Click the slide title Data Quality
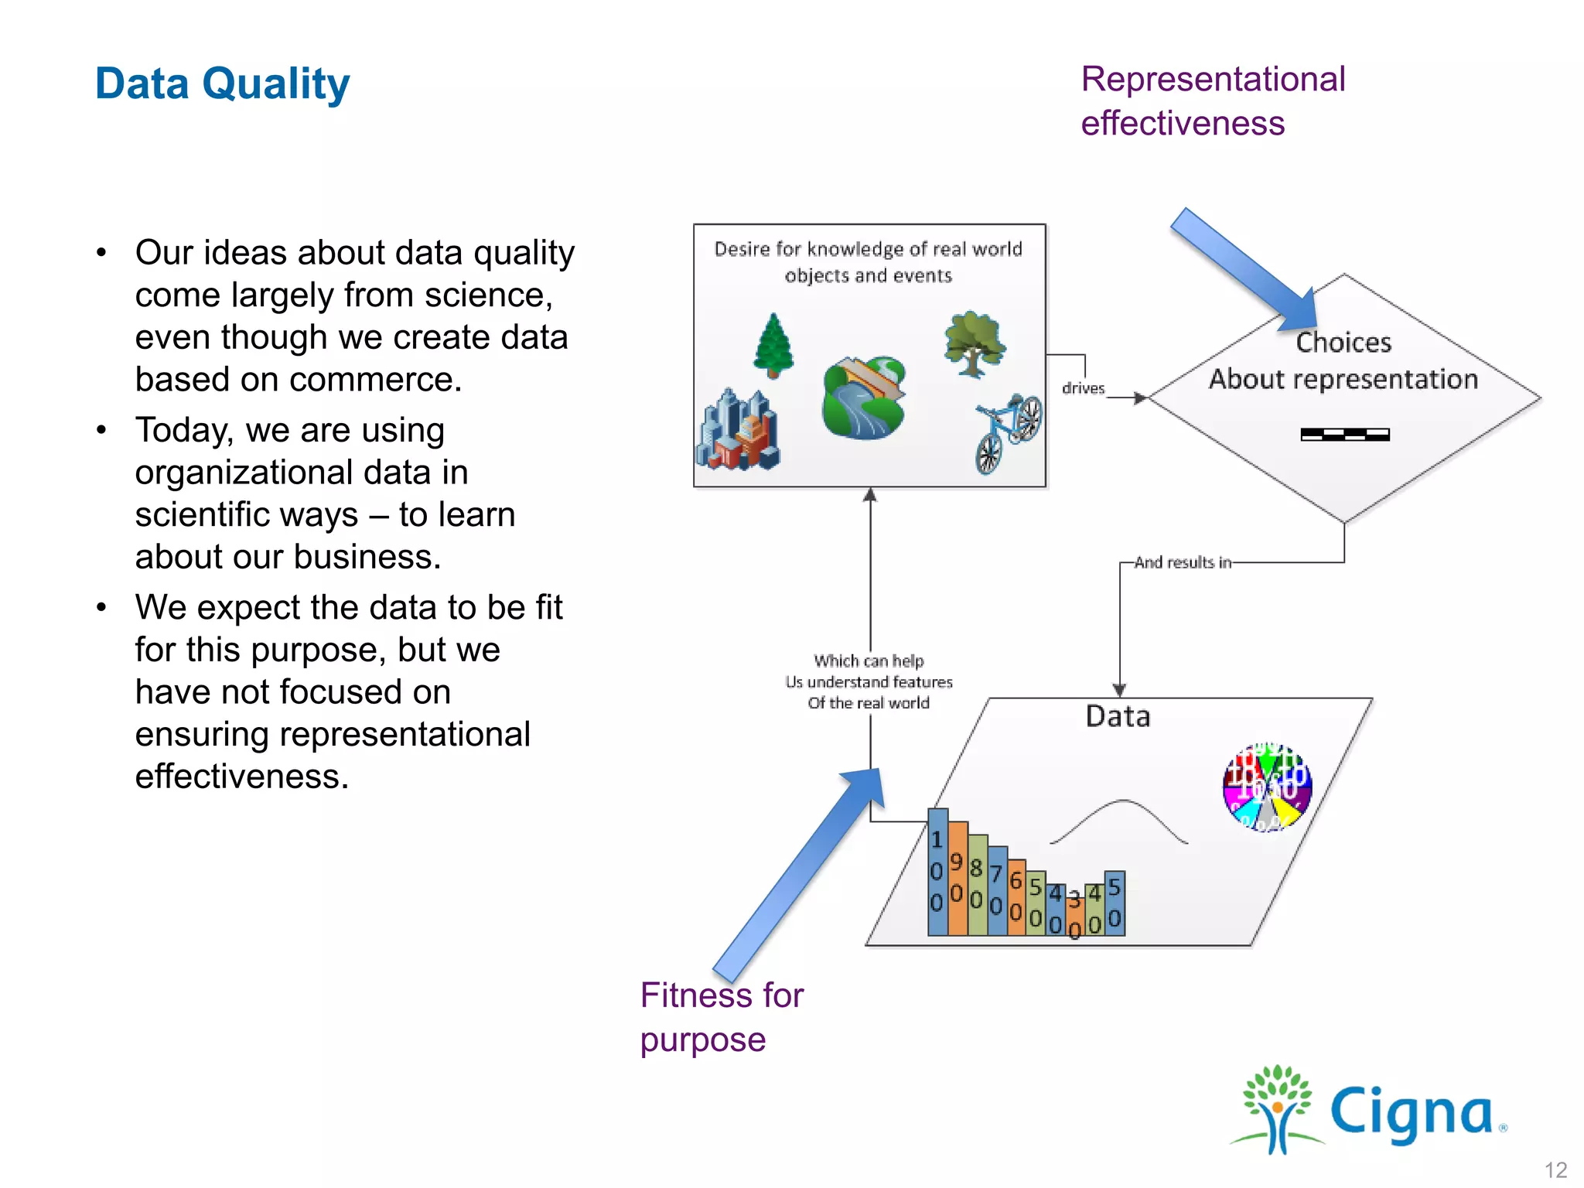(222, 84)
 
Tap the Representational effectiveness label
(1212, 101)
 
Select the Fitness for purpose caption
(721, 1016)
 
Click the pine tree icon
(773, 345)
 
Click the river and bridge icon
(864, 398)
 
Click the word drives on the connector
(1083, 388)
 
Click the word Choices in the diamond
(1343, 343)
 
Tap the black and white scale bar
(1345, 435)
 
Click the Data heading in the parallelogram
(1118, 716)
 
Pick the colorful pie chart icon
(1267, 787)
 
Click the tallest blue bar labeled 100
(937, 871)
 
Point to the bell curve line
(1119, 820)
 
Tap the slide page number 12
(1555, 1169)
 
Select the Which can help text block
(869, 682)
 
